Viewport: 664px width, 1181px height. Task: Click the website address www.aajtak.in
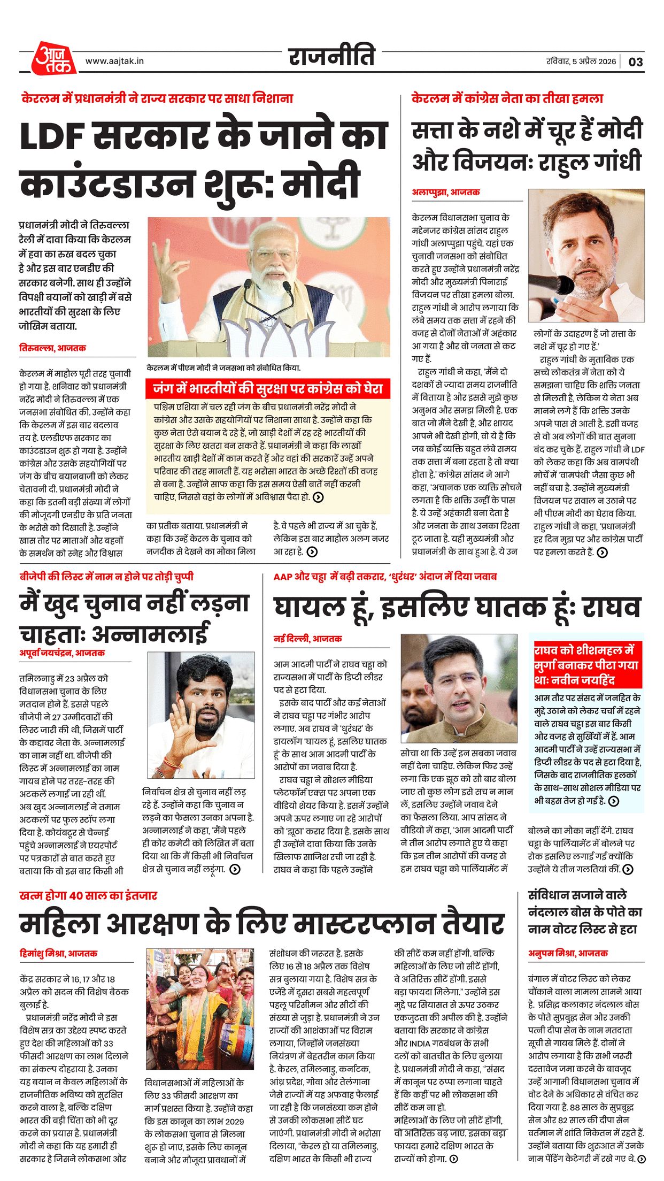(x=114, y=61)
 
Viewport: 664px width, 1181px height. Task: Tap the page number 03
(x=635, y=62)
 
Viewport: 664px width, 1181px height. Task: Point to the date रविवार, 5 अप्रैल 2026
(x=581, y=62)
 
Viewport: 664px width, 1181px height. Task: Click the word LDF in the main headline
(x=51, y=136)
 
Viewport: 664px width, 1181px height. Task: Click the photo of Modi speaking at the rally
(x=268, y=287)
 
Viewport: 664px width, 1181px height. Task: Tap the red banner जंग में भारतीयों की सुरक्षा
(x=268, y=388)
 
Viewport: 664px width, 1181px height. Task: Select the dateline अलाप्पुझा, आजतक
(x=445, y=192)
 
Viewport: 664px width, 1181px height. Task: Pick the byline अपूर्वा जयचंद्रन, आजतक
(x=62, y=653)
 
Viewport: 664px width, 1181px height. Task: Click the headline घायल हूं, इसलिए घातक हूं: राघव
(x=457, y=608)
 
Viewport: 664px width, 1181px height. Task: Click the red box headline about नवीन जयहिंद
(x=586, y=665)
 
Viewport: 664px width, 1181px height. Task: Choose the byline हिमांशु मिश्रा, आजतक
(x=58, y=953)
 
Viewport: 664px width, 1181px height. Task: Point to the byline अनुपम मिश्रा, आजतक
(x=568, y=953)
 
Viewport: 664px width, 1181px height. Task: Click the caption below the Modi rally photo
(x=223, y=368)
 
